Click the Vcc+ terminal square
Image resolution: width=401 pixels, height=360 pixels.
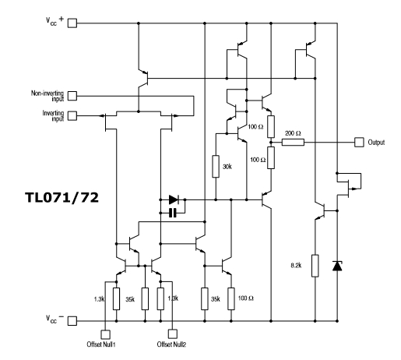point(72,23)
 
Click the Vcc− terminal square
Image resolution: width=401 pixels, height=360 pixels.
point(72,321)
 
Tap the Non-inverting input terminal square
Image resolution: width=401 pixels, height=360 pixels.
point(72,96)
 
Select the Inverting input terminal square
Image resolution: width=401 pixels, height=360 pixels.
point(72,115)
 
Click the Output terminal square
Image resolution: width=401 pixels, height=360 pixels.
point(359,142)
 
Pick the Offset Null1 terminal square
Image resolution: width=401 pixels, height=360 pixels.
point(105,334)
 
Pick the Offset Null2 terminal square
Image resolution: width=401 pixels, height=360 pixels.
point(173,334)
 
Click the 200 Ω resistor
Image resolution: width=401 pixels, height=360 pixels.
point(293,142)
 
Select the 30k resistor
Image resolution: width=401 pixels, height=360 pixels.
point(216,167)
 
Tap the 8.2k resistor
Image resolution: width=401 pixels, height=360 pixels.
point(315,266)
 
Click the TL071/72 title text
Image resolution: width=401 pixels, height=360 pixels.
point(62,198)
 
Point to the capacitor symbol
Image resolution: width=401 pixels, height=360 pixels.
point(173,213)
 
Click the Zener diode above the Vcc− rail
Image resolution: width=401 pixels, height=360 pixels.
point(337,266)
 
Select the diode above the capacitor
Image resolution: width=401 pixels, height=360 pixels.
point(174,199)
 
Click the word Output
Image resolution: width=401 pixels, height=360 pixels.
point(376,143)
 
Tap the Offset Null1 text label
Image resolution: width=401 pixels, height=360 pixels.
point(101,344)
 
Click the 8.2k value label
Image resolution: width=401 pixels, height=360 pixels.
point(296,266)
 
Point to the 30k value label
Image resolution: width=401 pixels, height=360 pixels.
point(227,167)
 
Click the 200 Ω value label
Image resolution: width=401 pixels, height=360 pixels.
point(293,133)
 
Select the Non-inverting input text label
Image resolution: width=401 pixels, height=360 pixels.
point(47,96)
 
